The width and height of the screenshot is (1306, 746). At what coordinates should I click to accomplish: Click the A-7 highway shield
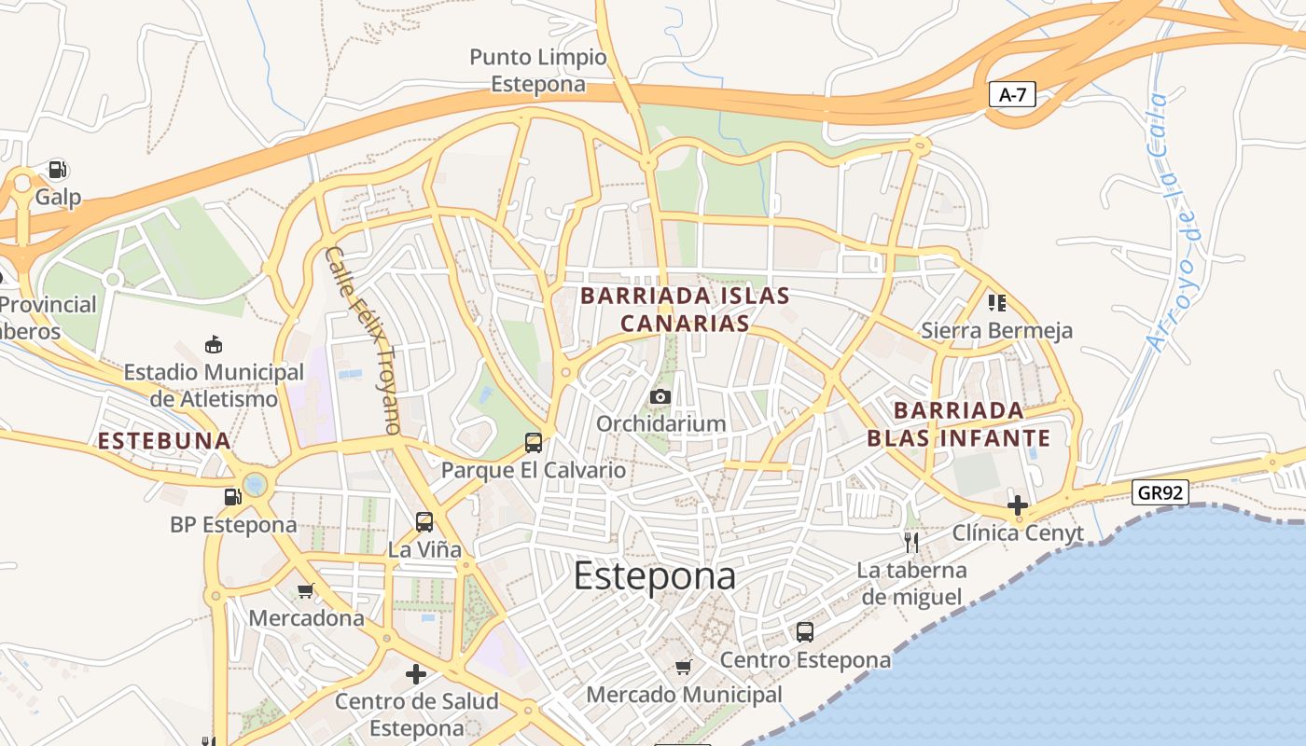point(1012,94)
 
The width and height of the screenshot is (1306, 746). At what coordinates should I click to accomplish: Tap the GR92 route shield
point(1160,492)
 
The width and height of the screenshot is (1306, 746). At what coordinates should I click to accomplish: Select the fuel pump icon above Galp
point(58,170)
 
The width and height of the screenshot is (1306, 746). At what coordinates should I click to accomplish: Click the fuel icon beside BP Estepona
point(232,496)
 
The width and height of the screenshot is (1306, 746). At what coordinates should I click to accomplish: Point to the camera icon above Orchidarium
point(660,396)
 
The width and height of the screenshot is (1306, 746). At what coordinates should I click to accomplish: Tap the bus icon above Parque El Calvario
point(534,443)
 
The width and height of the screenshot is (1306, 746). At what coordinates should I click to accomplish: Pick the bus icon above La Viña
point(424,521)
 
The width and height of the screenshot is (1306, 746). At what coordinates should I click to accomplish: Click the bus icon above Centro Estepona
point(805,632)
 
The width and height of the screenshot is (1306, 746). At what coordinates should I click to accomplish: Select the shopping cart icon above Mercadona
point(305,590)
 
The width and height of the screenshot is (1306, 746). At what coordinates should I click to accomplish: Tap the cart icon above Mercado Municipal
point(684,667)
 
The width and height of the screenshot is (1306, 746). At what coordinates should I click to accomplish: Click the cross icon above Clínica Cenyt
point(1018,505)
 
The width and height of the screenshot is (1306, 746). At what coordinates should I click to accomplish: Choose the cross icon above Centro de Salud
point(416,673)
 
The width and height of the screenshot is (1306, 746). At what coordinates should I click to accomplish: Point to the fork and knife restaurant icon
point(911,542)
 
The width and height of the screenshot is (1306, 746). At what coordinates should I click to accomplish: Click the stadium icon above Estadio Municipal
point(214,344)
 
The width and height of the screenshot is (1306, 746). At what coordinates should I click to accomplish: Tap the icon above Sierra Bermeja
point(997,303)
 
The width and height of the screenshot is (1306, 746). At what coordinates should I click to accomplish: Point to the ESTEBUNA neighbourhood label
point(164,441)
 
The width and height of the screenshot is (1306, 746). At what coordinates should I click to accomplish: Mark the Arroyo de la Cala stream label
point(1178,222)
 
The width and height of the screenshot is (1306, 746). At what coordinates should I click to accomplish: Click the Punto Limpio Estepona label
point(538,71)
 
